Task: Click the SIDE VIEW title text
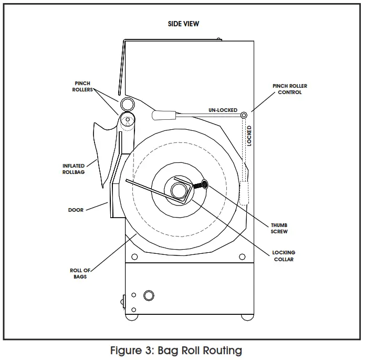pos(183,24)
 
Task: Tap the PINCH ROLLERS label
pos(82,86)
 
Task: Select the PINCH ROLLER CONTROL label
pos(290,89)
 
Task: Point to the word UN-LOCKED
pos(223,110)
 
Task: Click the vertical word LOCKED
pos(249,135)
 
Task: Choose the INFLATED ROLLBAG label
pos(74,169)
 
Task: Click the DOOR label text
pos(76,210)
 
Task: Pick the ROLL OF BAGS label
pos(80,273)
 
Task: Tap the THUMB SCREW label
pos(279,228)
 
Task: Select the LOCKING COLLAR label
pos(284,256)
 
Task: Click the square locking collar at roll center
pos(181,189)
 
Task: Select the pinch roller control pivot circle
pos(244,115)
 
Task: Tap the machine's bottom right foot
pos(246,316)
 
